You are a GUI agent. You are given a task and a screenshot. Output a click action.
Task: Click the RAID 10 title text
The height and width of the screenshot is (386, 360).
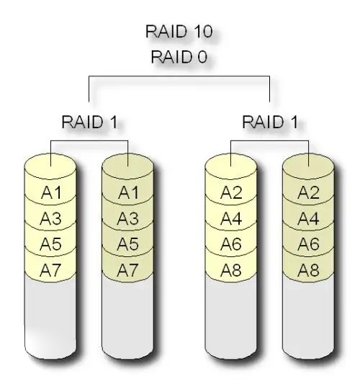(179, 32)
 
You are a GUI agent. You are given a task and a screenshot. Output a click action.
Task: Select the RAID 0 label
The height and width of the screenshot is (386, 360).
(179, 58)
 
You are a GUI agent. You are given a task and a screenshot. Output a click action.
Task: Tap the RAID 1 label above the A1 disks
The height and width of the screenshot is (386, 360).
(89, 121)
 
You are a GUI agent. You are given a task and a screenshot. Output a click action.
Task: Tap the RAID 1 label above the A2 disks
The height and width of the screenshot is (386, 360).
(269, 121)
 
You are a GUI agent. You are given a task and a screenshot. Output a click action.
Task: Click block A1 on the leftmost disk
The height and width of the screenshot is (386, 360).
(50, 192)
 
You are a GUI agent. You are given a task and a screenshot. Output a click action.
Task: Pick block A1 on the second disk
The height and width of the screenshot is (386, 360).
(128, 192)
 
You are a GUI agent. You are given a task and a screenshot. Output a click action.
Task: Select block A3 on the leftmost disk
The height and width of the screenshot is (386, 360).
(50, 218)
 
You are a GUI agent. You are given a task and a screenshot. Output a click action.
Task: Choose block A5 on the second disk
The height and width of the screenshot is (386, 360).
(128, 244)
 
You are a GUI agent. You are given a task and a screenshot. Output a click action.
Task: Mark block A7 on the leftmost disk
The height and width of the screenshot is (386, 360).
(50, 270)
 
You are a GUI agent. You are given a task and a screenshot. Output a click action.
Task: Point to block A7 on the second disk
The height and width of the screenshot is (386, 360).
(128, 270)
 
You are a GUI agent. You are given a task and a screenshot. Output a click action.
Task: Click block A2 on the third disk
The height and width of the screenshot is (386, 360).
(230, 192)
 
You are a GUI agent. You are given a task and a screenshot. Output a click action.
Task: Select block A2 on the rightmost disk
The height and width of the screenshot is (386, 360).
(308, 192)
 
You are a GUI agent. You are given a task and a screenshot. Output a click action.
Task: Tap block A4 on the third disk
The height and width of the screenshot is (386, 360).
(230, 218)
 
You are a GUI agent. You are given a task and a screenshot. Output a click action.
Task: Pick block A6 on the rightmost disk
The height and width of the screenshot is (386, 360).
(308, 244)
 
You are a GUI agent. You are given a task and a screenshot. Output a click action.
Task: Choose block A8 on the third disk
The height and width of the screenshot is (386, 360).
(230, 270)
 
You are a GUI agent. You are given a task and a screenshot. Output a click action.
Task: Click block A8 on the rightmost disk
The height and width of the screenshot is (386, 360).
(308, 270)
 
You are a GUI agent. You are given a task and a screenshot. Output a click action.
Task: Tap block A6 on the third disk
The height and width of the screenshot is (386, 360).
(230, 244)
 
